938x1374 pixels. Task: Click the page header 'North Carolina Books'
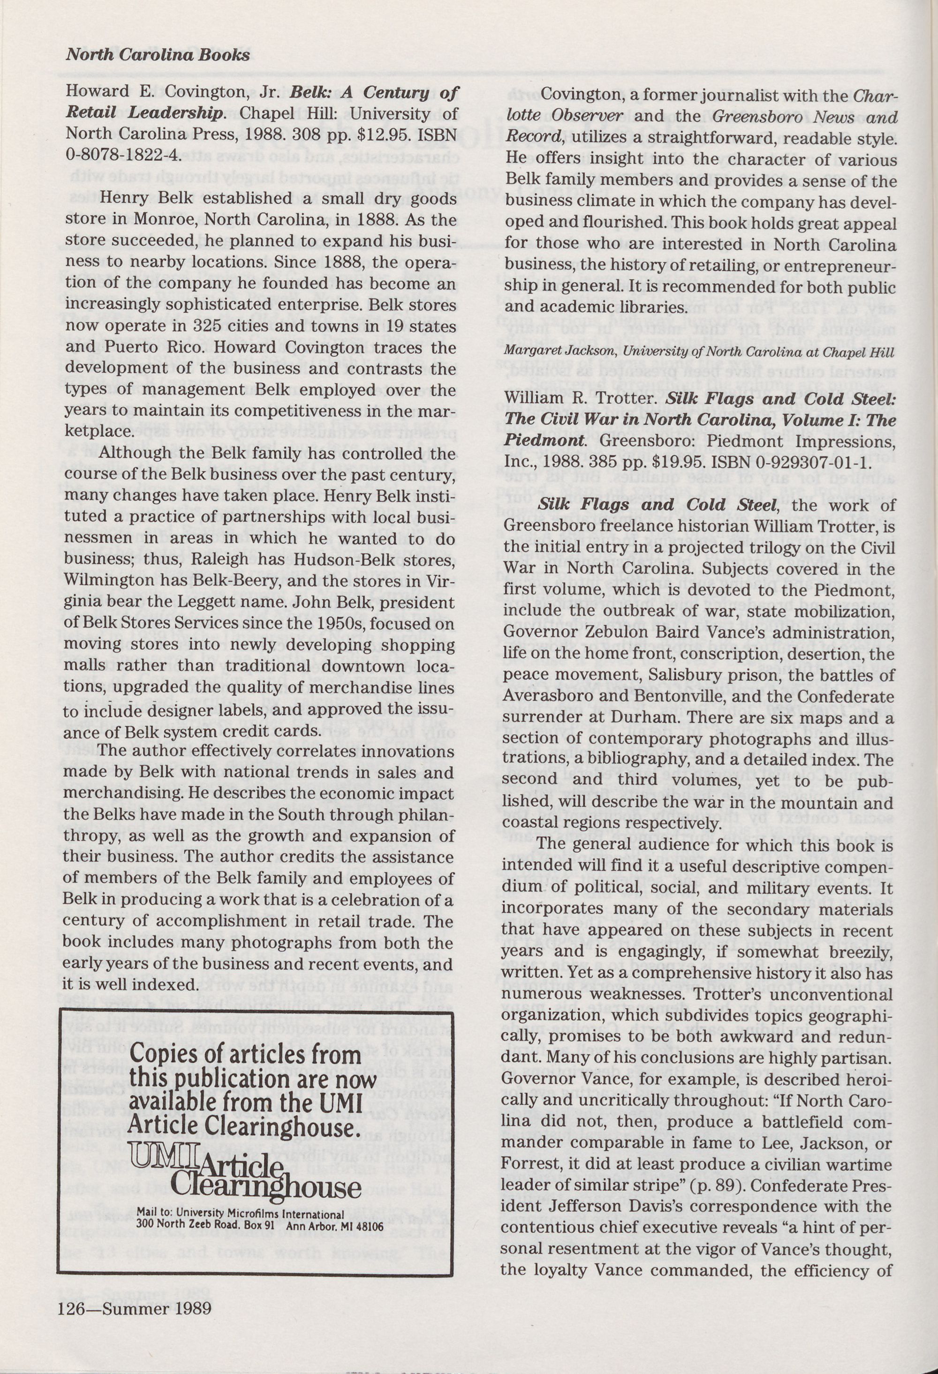coord(157,55)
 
